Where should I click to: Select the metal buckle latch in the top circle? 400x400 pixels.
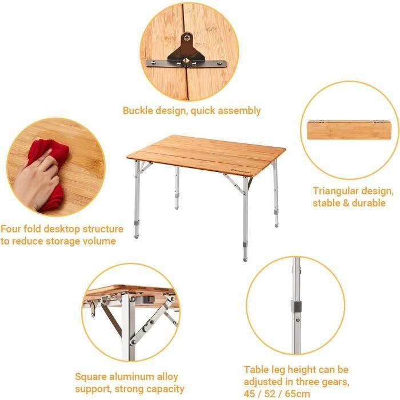pos(186,54)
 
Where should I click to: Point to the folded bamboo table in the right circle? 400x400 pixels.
pos(349,139)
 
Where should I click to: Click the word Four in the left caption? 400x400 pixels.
pos(11,229)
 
